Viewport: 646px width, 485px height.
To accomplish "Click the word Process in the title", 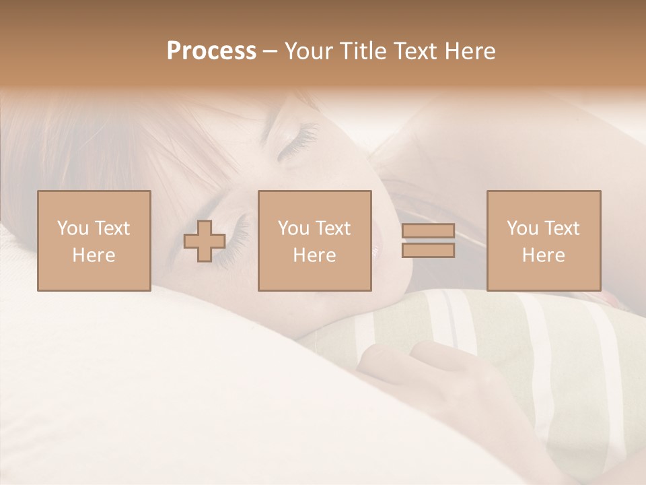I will point(211,51).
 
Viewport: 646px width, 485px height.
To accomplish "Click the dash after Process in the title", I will point(270,52).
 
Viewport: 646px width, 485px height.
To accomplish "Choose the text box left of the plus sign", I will point(94,240).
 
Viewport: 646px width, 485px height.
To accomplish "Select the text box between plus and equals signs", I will point(314,240).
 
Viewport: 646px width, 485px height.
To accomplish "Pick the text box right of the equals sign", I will point(543,240).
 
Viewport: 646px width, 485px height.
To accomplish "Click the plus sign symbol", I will point(205,240).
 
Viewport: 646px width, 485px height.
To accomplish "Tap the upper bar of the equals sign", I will point(428,231).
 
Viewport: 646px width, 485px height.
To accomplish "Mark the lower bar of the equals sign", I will point(428,251).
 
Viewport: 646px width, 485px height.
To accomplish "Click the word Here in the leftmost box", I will point(94,255).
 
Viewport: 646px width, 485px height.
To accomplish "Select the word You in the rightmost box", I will point(522,228).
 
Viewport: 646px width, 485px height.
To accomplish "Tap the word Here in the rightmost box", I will point(543,255).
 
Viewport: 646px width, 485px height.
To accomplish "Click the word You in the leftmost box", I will point(73,228).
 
